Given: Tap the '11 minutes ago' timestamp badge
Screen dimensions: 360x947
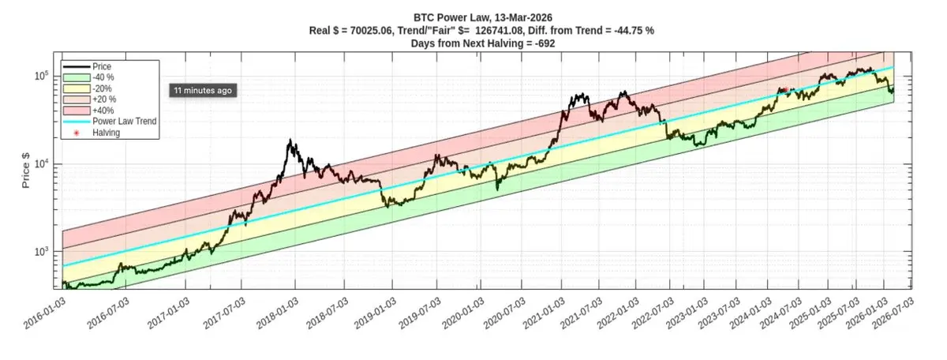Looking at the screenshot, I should [203, 91].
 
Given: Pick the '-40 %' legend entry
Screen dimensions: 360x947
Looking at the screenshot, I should [103, 77].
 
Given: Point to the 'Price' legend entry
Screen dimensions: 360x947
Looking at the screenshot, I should [103, 66].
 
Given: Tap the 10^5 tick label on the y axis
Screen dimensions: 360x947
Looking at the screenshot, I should [43, 76].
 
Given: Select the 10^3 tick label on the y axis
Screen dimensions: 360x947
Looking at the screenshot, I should [43, 251].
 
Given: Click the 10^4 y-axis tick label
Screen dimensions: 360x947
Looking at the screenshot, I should [43, 163].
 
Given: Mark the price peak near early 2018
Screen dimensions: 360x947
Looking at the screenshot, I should [291, 141].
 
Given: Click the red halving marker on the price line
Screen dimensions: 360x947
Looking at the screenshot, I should [786, 90].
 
